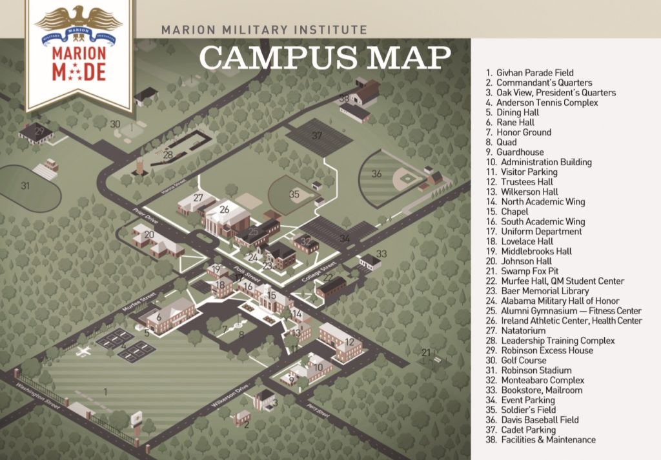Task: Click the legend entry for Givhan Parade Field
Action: coord(530,73)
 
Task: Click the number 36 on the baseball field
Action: coord(376,174)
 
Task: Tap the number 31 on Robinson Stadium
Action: coord(25,186)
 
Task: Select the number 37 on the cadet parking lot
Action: coord(316,136)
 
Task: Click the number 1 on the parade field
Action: coord(105,390)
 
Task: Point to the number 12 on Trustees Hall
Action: coord(349,342)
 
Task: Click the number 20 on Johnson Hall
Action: coord(149,235)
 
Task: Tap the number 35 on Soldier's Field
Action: coord(294,194)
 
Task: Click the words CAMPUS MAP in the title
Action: coord(325,57)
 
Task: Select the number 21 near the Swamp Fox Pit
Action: coord(425,352)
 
